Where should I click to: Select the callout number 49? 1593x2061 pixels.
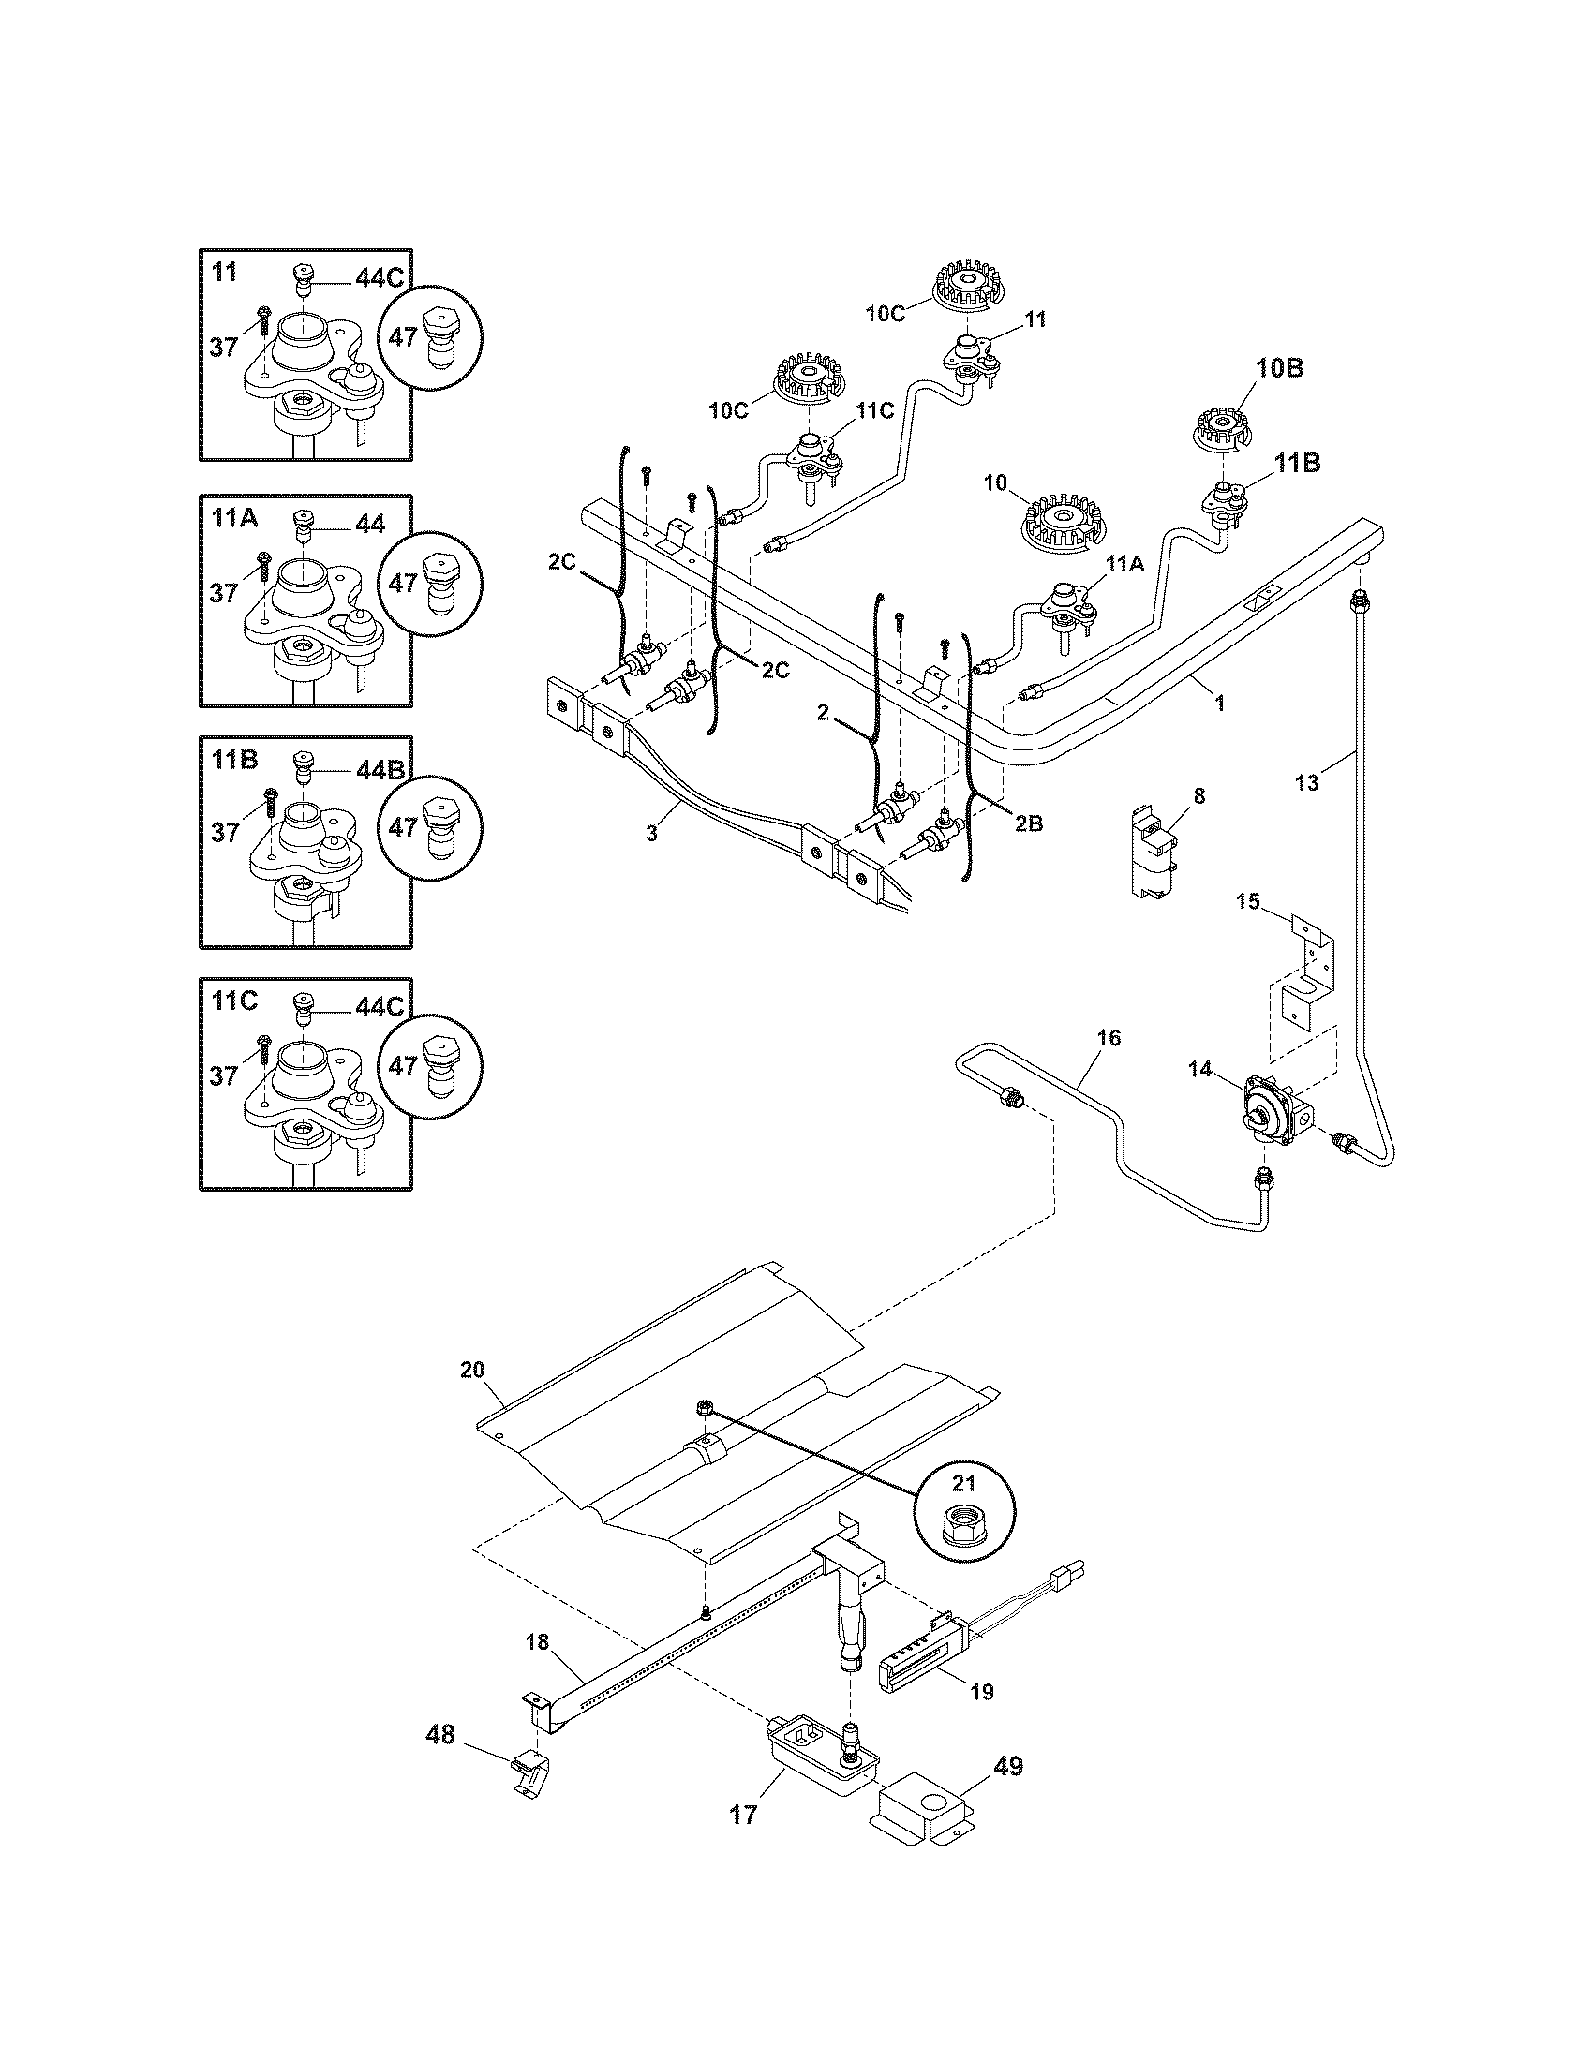(x=1008, y=1767)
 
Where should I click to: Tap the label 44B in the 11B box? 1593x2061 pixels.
(x=380, y=769)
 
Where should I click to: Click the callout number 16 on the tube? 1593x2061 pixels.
(x=1109, y=1038)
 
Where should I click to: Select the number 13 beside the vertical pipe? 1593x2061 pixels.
(x=1306, y=781)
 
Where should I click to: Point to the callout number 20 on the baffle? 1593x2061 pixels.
(x=472, y=1370)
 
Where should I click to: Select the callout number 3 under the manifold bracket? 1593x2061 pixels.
(x=651, y=834)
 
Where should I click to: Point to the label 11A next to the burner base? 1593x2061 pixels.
(x=1124, y=564)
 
